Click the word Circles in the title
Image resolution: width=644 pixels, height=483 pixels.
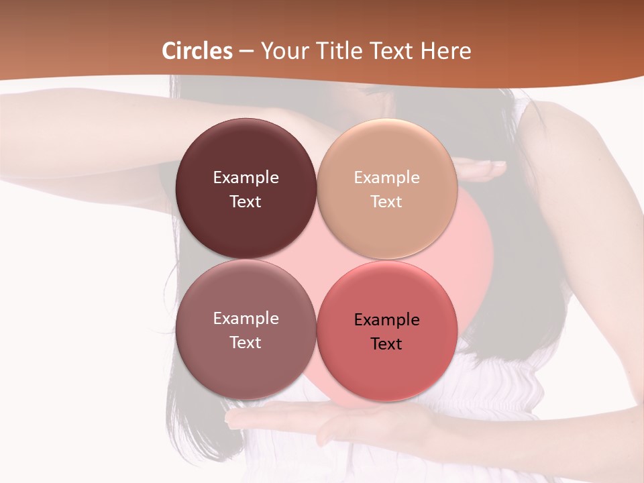(197, 51)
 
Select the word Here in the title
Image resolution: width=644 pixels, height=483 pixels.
(445, 51)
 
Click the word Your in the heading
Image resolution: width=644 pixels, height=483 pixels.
(285, 51)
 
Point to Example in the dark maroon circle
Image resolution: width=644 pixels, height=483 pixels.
(246, 177)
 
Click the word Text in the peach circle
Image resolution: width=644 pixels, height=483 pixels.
(386, 201)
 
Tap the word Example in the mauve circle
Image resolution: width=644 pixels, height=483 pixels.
(246, 318)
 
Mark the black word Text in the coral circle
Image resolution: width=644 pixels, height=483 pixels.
(386, 343)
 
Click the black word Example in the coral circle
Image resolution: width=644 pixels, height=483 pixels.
(386, 319)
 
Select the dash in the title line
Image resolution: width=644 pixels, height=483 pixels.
(246, 52)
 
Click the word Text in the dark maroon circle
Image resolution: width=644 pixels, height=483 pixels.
(246, 201)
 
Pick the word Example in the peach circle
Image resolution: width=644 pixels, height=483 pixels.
(386, 177)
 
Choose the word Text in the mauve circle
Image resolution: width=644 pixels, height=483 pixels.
(246, 342)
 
